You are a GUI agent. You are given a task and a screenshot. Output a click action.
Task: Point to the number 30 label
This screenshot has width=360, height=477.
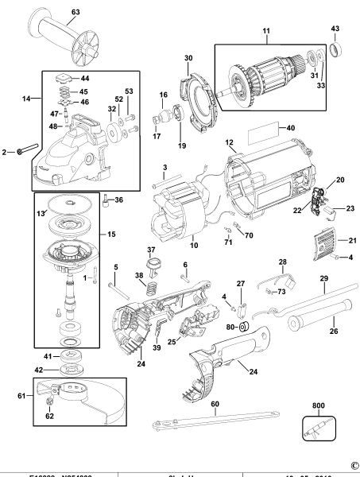click(x=188, y=58)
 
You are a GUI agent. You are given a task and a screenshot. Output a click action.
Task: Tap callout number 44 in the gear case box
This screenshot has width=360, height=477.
click(x=86, y=79)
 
